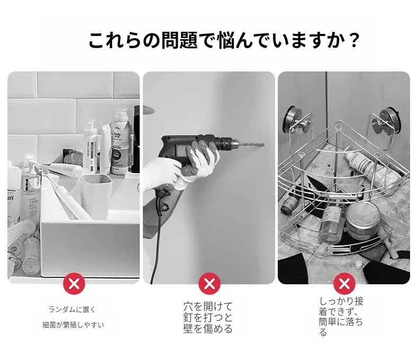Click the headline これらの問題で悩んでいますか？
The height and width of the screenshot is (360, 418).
point(224,41)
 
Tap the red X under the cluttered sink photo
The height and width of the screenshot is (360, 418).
point(74,283)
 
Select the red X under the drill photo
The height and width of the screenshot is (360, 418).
point(210,283)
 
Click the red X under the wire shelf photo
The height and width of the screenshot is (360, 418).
point(344,283)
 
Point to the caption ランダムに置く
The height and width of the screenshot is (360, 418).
point(72,310)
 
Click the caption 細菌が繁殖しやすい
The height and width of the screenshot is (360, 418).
point(73,325)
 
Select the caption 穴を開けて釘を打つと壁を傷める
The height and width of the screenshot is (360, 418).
point(208,317)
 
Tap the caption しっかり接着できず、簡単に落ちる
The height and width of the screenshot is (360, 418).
point(341,317)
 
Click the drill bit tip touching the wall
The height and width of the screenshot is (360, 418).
point(263,145)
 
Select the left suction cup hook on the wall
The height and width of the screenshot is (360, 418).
point(298,118)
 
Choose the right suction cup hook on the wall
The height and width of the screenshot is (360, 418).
point(387,119)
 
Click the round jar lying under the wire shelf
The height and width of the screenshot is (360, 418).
point(362,219)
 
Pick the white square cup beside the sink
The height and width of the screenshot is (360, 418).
point(96,196)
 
